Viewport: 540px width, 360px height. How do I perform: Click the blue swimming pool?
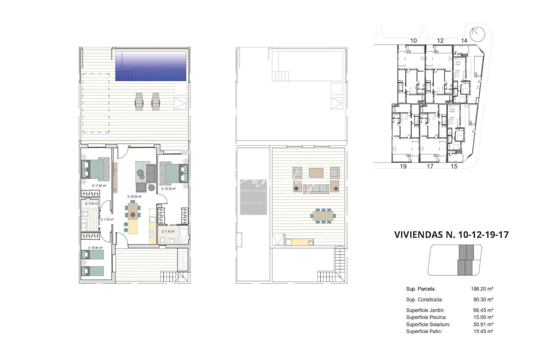[x=151, y=66]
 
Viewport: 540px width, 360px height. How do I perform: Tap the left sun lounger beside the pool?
[x=139, y=101]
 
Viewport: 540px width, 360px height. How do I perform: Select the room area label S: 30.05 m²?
[x=134, y=197]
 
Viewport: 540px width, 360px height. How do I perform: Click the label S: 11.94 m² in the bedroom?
[x=99, y=185]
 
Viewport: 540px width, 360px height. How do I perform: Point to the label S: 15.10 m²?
[x=168, y=189]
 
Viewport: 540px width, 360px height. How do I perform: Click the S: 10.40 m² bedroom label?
[x=95, y=248]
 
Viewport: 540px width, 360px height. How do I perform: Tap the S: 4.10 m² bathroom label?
[x=168, y=231]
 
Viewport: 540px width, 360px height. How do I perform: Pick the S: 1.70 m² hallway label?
[x=107, y=219]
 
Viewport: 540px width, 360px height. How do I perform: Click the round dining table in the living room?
[x=133, y=215]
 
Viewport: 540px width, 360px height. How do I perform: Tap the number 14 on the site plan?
[x=464, y=41]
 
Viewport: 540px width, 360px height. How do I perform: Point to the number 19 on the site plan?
[x=403, y=166]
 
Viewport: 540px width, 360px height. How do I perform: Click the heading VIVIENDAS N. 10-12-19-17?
[x=451, y=235]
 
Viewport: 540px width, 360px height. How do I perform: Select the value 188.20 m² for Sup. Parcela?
[x=480, y=289]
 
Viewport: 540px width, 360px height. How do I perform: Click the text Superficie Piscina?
[x=426, y=317]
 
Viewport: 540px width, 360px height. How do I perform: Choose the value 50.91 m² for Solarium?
[x=480, y=324]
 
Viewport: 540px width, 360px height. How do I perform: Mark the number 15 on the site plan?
[x=454, y=166]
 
